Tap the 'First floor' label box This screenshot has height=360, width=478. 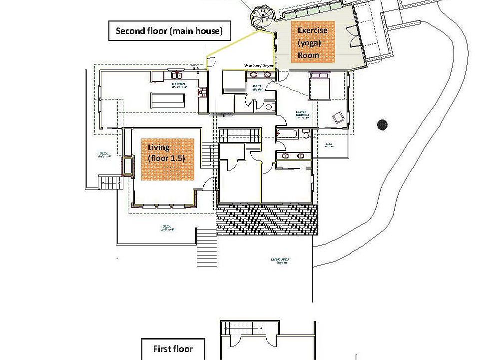173,348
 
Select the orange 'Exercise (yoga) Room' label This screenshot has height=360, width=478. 313,42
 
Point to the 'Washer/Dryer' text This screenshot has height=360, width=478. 259,65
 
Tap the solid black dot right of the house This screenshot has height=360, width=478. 383,124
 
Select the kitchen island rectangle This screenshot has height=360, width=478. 168,100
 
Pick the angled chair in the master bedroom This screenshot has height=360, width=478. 338,117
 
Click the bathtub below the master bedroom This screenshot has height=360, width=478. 289,134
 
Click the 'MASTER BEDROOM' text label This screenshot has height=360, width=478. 303,113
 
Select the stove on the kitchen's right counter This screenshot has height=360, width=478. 203,91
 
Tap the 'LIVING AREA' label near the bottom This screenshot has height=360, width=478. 280,259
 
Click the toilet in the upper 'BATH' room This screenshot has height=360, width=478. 269,106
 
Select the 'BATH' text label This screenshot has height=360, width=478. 257,86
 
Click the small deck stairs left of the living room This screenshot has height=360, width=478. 109,183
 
